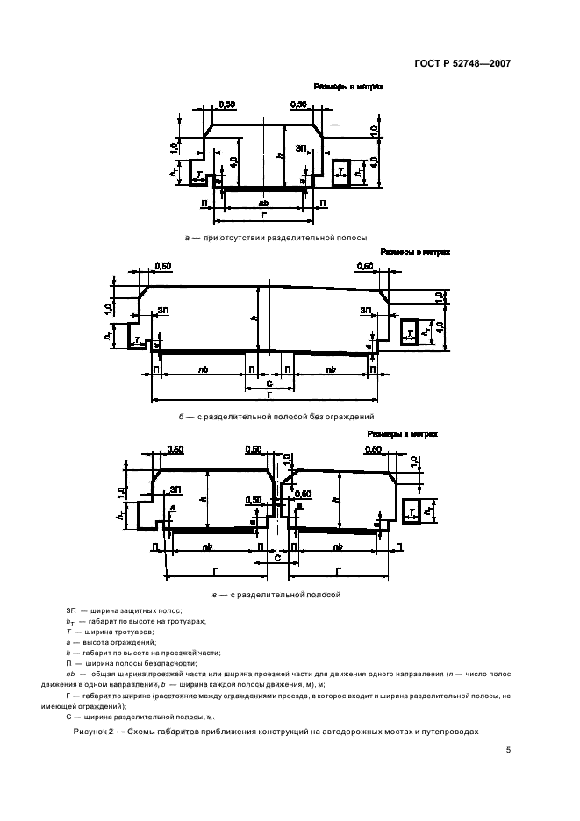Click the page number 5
(x=508, y=751)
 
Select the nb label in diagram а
(x=264, y=203)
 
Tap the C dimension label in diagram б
(x=269, y=384)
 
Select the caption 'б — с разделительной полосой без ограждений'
(x=276, y=417)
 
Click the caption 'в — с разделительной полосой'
(x=276, y=594)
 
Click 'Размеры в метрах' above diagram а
(x=348, y=87)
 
